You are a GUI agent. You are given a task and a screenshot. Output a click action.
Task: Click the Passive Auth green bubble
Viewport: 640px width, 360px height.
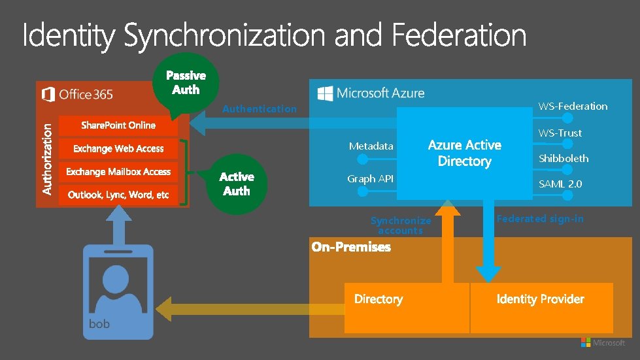186,82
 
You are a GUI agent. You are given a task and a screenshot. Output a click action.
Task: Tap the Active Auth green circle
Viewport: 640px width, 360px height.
236,184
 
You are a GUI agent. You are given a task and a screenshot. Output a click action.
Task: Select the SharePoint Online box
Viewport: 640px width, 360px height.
118,125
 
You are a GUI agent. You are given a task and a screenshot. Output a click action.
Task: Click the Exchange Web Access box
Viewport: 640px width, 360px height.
118,149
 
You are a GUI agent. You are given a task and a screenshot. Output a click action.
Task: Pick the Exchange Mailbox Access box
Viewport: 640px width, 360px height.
118,172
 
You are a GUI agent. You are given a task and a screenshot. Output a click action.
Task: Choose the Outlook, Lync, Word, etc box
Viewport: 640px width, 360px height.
118,195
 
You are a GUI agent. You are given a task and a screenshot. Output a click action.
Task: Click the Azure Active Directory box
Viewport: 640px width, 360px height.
464,154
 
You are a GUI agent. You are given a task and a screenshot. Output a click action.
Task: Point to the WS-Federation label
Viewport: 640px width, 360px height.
572,106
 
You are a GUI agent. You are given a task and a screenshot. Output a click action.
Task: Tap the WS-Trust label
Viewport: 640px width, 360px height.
560,133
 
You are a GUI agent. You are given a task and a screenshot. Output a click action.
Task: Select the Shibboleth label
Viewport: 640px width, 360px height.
563,159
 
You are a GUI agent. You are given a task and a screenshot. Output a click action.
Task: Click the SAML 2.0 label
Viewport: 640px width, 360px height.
560,184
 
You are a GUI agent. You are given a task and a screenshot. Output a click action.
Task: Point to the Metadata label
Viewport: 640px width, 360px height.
371,146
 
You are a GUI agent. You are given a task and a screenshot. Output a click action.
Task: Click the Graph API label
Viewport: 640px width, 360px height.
370,179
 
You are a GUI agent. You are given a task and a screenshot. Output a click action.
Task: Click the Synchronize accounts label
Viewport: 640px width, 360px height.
401,225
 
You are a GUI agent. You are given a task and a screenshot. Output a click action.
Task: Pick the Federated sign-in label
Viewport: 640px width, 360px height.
540,219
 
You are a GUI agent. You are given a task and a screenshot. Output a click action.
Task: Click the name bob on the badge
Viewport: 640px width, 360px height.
99,324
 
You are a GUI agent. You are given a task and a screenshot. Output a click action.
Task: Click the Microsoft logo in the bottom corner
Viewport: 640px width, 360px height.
602,343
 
